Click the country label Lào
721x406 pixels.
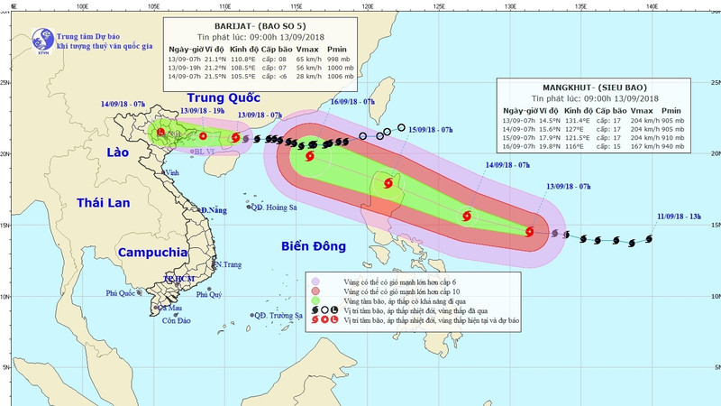click(112, 153)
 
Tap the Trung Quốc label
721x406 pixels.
click(219, 98)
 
